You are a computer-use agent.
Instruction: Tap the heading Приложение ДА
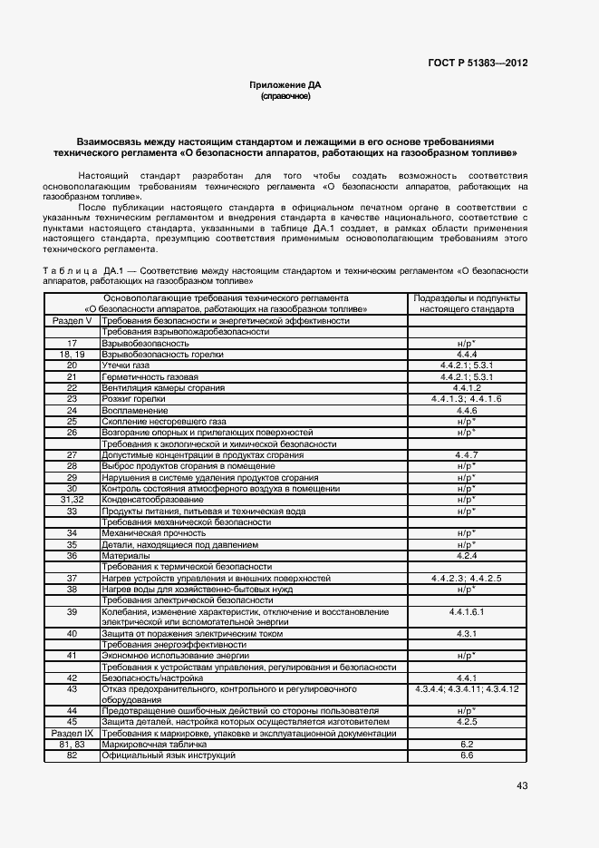tap(285, 84)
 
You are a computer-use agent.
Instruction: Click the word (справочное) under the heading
tap(285, 95)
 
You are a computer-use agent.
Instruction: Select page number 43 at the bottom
tap(522, 785)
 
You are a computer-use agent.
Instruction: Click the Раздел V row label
tap(72, 321)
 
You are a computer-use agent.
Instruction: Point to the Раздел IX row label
tap(72, 733)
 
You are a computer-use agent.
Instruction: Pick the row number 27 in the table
tap(72, 455)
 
